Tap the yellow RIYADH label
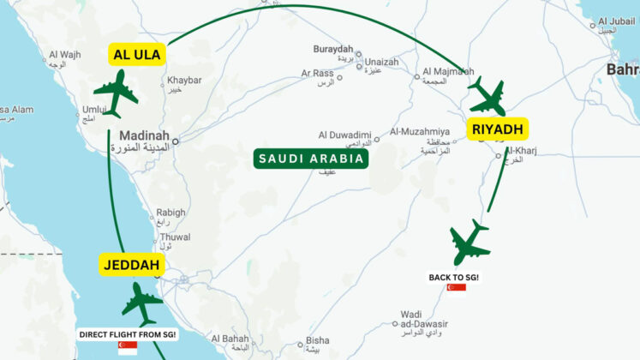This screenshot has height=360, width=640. tap(498, 130)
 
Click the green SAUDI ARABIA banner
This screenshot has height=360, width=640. tap(312, 159)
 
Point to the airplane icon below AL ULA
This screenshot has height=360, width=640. tap(116, 93)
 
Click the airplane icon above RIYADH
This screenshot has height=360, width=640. tap(487, 95)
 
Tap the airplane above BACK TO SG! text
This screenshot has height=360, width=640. tap(470, 243)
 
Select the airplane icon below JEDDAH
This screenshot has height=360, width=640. tap(142, 303)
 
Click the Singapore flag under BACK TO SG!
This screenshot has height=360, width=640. tap(456, 288)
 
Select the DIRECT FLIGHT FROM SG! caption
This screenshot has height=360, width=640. tap(128, 334)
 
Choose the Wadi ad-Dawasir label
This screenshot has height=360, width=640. tap(410, 318)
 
